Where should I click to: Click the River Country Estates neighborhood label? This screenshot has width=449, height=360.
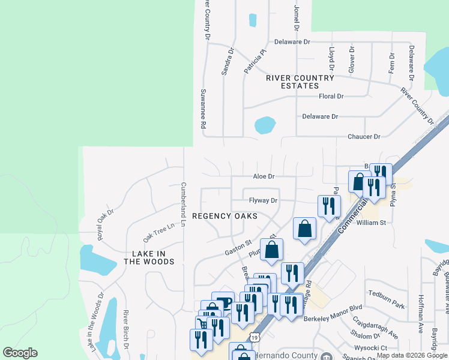point(300,82)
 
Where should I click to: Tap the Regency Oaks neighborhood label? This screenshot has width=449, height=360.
point(224,215)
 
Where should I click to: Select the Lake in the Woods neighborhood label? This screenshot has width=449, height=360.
point(149,257)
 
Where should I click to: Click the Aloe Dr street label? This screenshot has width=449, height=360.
point(264,176)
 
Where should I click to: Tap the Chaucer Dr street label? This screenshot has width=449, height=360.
point(364,137)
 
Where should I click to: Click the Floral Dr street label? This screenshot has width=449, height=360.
point(331,96)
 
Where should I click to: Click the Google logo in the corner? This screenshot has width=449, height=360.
point(20,353)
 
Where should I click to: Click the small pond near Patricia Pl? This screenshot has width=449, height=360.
point(252,20)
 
